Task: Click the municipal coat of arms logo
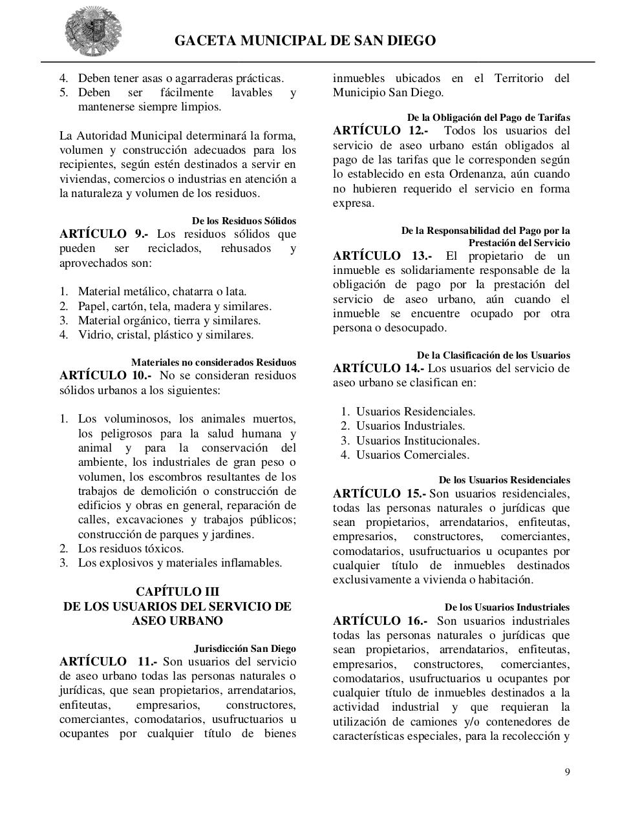[x=92, y=32]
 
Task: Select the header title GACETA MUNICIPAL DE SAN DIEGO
[x=305, y=41]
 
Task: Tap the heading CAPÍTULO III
[x=177, y=592]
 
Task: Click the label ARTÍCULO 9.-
[x=103, y=234]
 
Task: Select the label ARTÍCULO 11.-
[x=108, y=662]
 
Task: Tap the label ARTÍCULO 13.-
[x=382, y=256]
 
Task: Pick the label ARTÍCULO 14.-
[x=379, y=368]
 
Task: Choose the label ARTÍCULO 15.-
[x=379, y=494]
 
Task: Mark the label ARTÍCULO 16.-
[x=379, y=621]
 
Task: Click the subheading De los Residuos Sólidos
[x=244, y=221]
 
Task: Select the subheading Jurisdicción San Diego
[x=244, y=649]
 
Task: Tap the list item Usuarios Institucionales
[x=418, y=441]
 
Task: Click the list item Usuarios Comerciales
[x=412, y=455]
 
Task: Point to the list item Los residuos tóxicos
[x=131, y=549]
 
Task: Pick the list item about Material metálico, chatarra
[x=162, y=292]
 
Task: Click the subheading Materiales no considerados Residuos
[x=213, y=362]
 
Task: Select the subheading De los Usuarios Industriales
[x=507, y=607]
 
